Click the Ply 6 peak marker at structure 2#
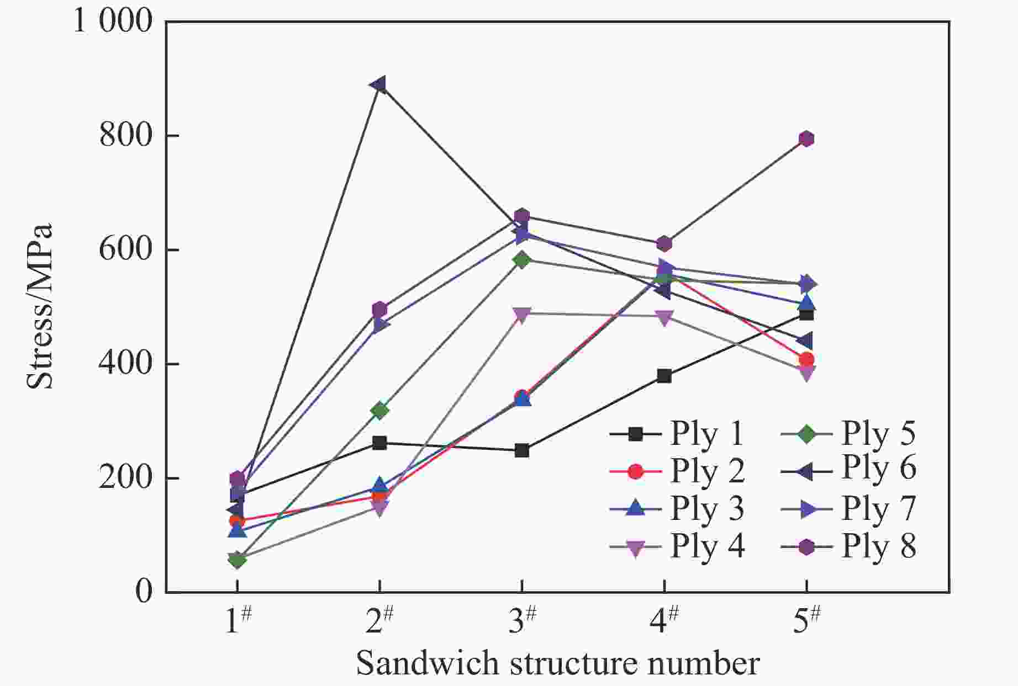[x=379, y=84]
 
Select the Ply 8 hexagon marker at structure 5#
[x=806, y=139]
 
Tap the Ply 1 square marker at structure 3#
[x=521, y=451]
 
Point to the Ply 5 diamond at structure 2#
[x=379, y=410]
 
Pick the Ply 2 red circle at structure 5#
[x=806, y=360]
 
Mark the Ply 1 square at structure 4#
[x=664, y=376]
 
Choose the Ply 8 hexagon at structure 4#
[x=664, y=244]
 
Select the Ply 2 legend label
[x=707, y=471]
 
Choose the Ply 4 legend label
[x=707, y=547]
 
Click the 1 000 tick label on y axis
[x=113, y=22]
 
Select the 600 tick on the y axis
[x=125, y=249]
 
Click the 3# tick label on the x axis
[x=521, y=621]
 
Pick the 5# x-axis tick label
[x=806, y=621]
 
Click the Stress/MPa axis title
[x=40, y=306]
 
